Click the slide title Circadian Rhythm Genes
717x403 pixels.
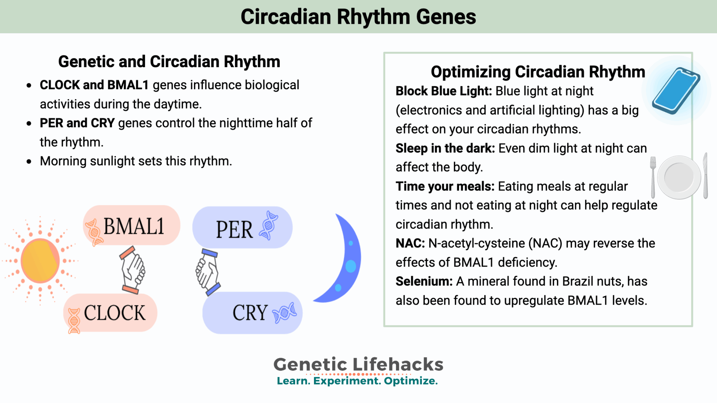[358, 17]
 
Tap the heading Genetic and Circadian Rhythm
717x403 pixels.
[169, 62]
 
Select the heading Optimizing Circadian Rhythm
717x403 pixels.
[538, 72]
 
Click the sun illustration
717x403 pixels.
[40, 261]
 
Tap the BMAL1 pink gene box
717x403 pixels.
[132, 226]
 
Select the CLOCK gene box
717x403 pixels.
[111, 313]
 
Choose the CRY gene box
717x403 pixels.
[252, 313]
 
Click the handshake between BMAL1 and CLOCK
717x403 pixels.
[132, 269]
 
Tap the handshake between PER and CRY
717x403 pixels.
[207, 271]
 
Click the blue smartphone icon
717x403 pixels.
[676, 91]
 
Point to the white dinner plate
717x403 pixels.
[679, 177]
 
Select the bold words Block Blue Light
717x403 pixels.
[444, 91]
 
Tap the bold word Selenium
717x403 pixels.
[424, 282]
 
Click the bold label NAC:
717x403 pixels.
[410, 243]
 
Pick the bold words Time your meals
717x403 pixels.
[445, 186]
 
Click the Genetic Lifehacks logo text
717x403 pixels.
[358, 365]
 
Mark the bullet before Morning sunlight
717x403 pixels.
[29, 162]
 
